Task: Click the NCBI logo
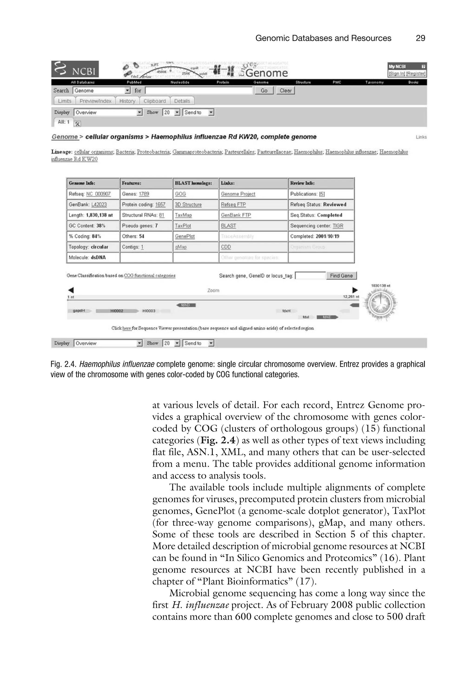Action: click(x=75, y=69)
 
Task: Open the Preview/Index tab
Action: click(x=95, y=101)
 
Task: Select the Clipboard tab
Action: click(x=155, y=101)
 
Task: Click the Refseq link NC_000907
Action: click(x=98, y=194)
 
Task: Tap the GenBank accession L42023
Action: click(x=99, y=205)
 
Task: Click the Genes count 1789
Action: click(x=144, y=194)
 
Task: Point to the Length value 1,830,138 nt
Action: click(x=99, y=215)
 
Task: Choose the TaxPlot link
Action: click(x=183, y=226)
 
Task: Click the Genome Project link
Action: click(x=238, y=194)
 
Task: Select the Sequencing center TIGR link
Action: click(x=338, y=226)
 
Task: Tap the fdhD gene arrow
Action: click(x=186, y=305)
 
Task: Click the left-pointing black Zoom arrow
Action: click(x=71, y=290)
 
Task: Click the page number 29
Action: click(x=420, y=38)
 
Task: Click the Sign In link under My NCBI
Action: click(x=396, y=74)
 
